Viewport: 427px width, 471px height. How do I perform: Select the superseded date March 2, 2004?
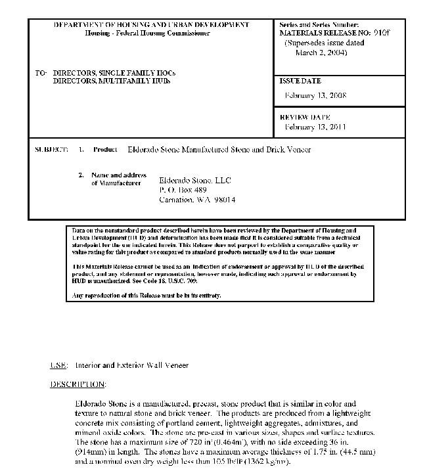point(321,52)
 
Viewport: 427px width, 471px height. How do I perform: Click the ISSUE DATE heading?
point(300,81)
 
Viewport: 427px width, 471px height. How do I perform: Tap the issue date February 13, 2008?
point(315,96)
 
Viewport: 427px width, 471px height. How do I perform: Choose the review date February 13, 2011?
point(315,127)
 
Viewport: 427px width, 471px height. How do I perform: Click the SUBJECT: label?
point(51,150)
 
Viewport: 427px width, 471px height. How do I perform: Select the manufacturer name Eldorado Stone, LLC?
point(195,180)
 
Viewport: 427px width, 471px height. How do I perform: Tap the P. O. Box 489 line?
point(183,190)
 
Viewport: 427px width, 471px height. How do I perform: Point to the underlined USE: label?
point(58,365)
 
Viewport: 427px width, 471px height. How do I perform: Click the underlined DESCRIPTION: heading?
point(78,384)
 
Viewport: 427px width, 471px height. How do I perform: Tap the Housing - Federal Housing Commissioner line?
point(147,34)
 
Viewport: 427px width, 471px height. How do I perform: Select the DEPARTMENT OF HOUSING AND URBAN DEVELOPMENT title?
point(151,25)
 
